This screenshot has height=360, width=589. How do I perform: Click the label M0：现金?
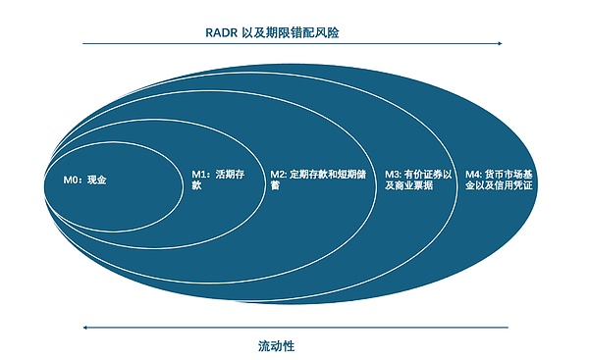click(x=78, y=180)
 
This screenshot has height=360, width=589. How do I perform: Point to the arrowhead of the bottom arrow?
click(x=86, y=327)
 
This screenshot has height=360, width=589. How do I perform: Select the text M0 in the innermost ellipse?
click(x=59, y=180)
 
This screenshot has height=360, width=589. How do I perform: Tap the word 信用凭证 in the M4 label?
click(x=510, y=185)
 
